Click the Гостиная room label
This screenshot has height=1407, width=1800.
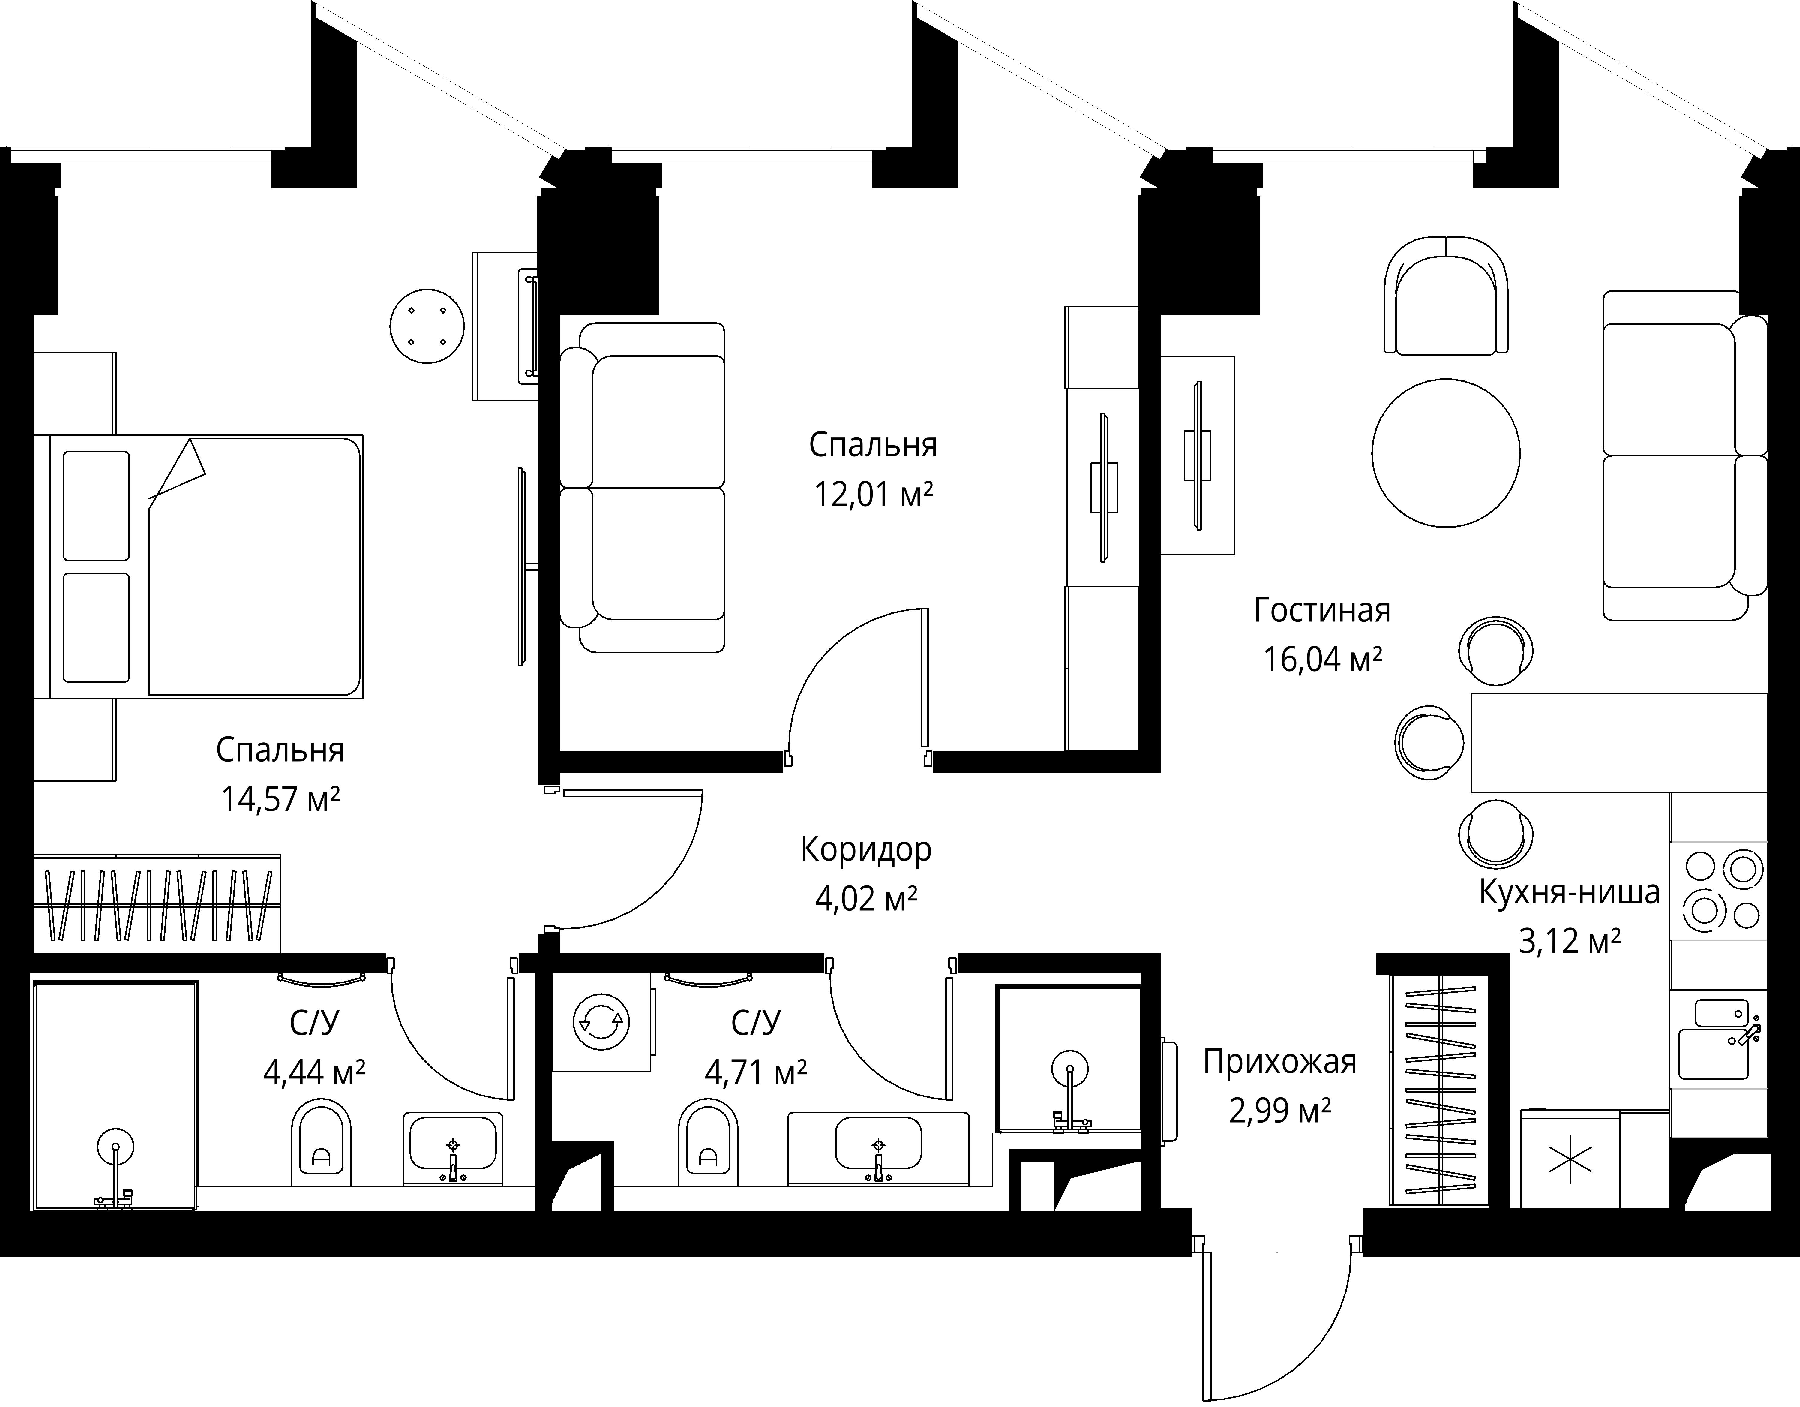click(x=1322, y=611)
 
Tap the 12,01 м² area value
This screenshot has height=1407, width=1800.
click(x=874, y=495)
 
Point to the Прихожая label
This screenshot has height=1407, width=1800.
click(x=1280, y=1062)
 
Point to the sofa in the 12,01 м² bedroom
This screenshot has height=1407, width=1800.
click(x=642, y=487)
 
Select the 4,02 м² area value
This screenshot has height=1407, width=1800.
click(x=866, y=898)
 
